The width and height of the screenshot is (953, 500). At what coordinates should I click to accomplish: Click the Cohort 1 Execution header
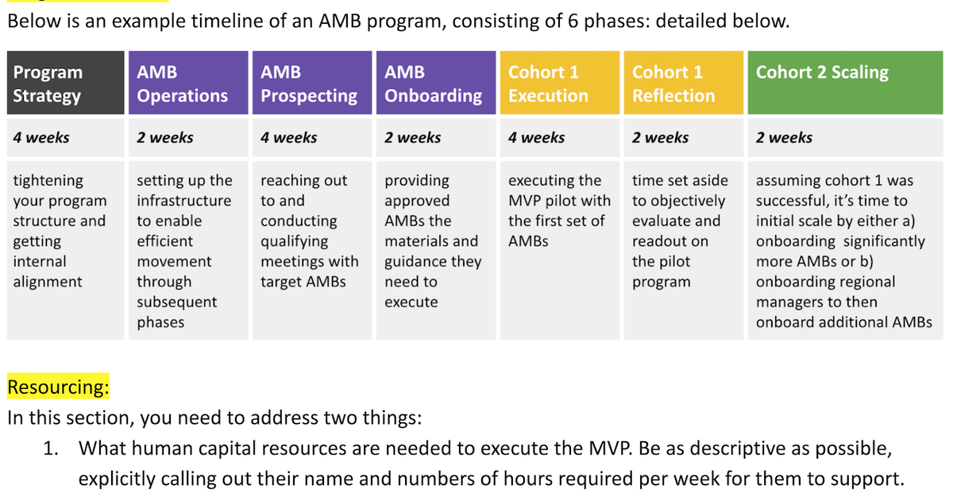pyautogui.click(x=559, y=83)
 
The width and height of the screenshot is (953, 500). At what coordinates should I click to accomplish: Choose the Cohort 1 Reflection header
pyautogui.click(x=683, y=83)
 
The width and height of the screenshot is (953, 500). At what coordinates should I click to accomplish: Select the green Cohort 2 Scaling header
pyautogui.click(x=844, y=83)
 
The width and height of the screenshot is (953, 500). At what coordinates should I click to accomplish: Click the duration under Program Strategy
pyautogui.click(x=41, y=137)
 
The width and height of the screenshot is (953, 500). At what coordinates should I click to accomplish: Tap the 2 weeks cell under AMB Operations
pyautogui.click(x=165, y=137)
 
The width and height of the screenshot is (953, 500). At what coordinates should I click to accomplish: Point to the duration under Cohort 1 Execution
pyautogui.click(x=537, y=137)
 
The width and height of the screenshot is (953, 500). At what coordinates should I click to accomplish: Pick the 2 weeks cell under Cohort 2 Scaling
pyautogui.click(x=784, y=137)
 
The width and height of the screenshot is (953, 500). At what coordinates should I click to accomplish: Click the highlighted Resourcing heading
pyautogui.click(x=58, y=388)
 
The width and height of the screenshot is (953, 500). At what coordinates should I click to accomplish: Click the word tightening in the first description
pyautogui.click(x=48, y=181)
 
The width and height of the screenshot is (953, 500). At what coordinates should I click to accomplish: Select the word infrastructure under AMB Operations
pyautogui.click(x=184, y=201)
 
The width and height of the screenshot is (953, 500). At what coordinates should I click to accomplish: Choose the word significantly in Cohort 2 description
pyautogui.click(x=882, y=241)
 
